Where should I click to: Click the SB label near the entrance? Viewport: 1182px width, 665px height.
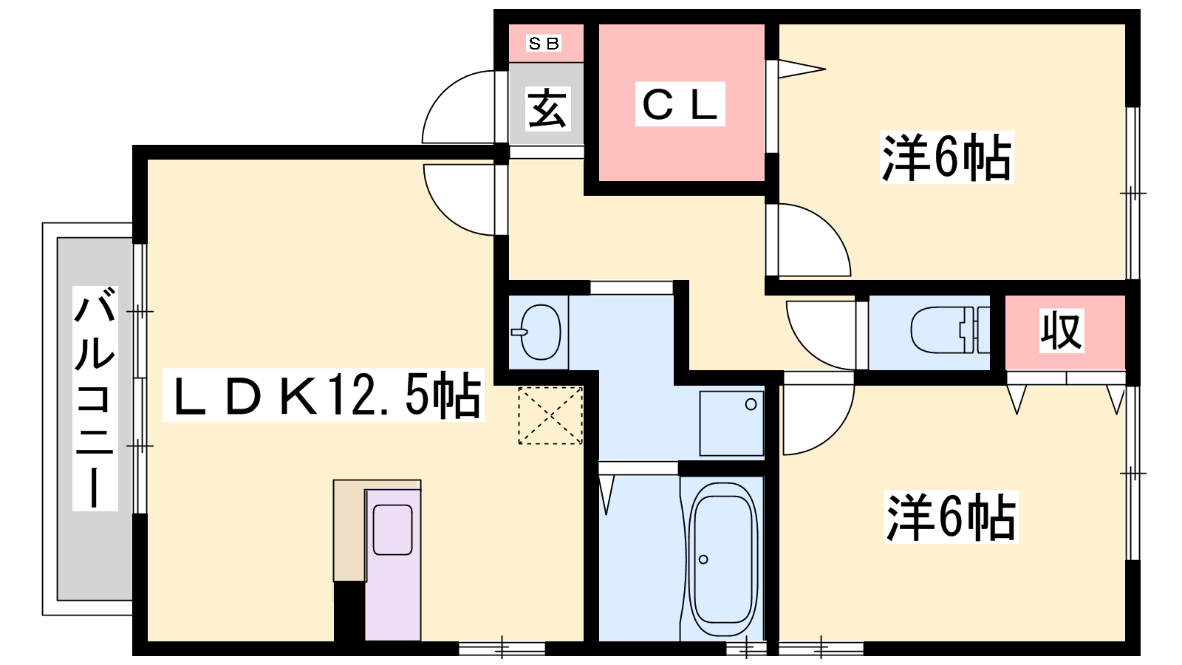click(544, 44)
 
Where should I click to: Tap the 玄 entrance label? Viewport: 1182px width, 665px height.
click(547, 108)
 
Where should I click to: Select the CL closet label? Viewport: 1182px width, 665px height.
click(680, 104)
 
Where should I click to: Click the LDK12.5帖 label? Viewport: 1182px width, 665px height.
click(323, 395)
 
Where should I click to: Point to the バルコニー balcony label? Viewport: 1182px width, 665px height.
click(95, 398)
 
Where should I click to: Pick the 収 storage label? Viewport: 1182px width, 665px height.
click(1061, 331)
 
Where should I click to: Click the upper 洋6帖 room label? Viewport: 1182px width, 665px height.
click(946, 157)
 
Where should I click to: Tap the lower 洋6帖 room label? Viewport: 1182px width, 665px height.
click(951, 517)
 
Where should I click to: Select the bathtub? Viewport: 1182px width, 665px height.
click(722, 559)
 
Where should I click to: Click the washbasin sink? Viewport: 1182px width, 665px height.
click(540, 332)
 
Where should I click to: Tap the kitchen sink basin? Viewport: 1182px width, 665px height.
click(392, 529)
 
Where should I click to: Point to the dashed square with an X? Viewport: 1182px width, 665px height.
click(550, 415)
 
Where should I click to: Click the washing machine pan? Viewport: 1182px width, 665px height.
click(731, 423)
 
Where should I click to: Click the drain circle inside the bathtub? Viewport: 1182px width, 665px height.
click(703, 559)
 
